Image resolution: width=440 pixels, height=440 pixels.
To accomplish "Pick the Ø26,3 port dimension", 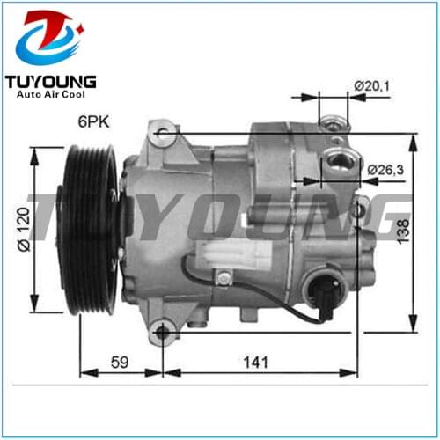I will click(x=380, y=168).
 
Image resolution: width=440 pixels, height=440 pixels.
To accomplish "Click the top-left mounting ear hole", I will click(x=160, y=134).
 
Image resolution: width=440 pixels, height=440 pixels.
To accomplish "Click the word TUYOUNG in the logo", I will click(x=51, y=82).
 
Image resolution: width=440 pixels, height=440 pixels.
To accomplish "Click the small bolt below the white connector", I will click(x=226, y=279).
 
